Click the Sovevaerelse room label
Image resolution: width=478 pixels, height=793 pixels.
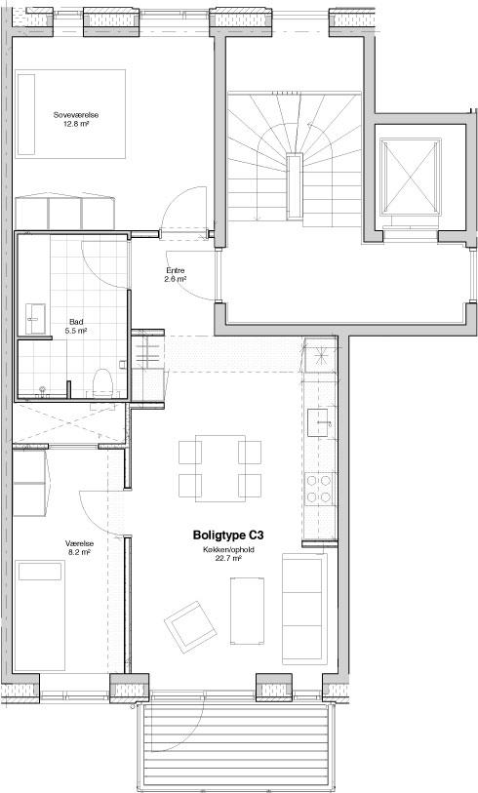(76, 115)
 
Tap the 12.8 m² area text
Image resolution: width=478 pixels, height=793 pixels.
(76, 123)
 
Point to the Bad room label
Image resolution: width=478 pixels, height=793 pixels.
(76, 322)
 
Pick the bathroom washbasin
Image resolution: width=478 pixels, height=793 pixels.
(35, 319)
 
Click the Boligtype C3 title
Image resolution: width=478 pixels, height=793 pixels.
(228, 535)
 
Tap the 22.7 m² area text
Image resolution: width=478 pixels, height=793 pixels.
(228, 558)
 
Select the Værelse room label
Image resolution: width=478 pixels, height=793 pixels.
(79, 544)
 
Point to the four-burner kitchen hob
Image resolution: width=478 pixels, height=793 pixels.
(319, 489)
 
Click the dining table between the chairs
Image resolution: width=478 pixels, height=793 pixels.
(220, 468)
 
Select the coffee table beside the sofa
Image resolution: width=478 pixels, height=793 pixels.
(247, 611)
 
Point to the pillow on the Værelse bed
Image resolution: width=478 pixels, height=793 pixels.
(40, 571)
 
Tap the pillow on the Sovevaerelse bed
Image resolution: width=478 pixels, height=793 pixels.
(25, 115)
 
